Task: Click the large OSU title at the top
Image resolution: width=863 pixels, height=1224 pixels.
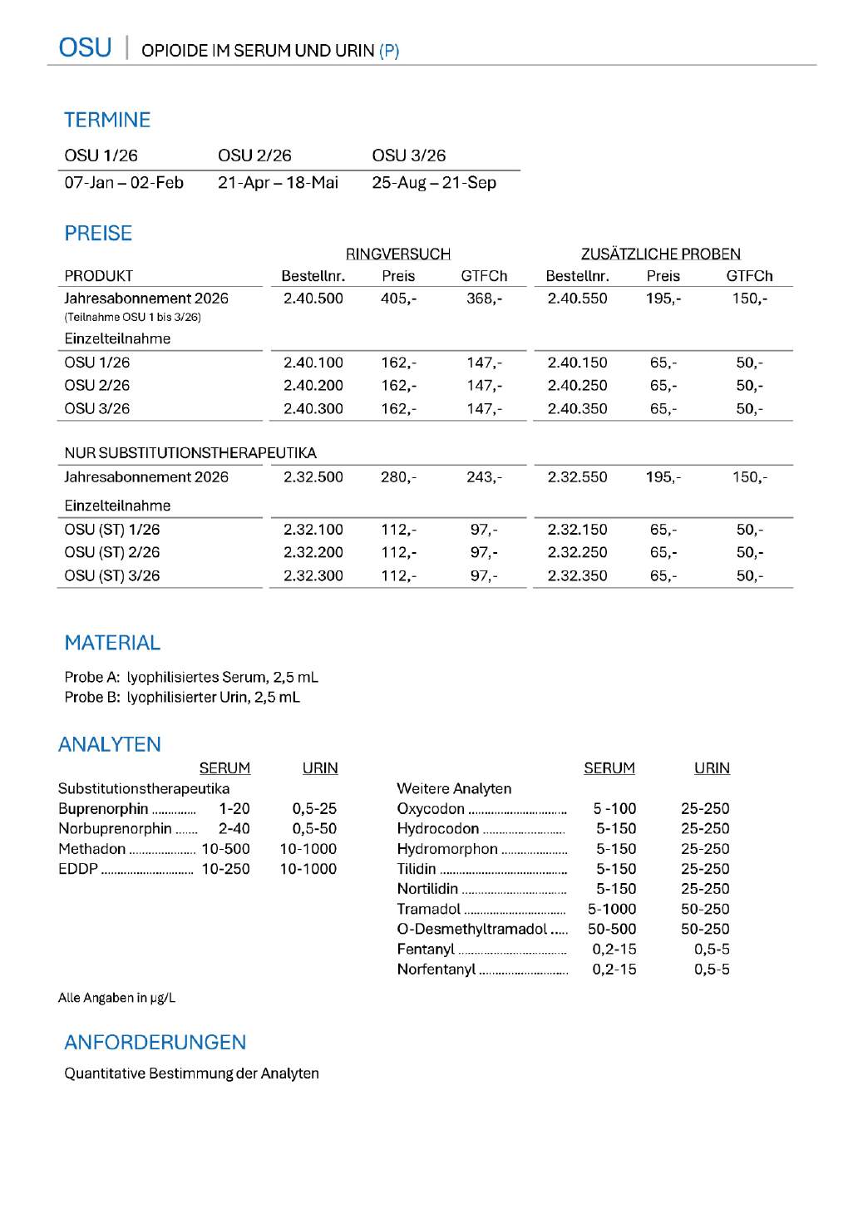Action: [x=85, y=47]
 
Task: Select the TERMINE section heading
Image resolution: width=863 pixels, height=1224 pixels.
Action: [x=107, y=120]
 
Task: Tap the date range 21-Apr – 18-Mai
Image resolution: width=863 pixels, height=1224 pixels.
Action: [x=278, y=183]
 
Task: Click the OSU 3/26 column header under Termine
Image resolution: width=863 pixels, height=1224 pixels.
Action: [x=408, y=155]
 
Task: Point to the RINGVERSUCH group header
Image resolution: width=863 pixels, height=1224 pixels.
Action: [x=397, y=254]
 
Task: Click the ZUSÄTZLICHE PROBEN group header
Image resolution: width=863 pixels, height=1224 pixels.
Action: [x=660, y=254]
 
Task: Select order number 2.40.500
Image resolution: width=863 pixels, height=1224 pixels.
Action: [x=313, y=299]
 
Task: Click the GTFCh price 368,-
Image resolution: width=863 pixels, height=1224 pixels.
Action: [x=484, y=299]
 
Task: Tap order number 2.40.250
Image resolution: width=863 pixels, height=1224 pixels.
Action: [x=577, y=386]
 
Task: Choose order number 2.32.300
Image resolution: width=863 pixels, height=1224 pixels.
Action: [x=313, y=575]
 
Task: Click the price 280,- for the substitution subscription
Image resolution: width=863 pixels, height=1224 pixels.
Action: [x=398, y=477]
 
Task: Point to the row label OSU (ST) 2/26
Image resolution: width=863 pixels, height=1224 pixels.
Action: [x=112, y=552]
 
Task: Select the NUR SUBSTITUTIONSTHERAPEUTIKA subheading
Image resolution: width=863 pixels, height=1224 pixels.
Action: [x=190, y=453]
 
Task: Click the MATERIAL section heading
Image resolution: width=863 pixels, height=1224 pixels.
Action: [x=112, y=643]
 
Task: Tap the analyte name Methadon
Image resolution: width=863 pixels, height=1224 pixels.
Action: [x=91, y=849]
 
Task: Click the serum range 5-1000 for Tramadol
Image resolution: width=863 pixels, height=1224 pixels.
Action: [x=612, y=909]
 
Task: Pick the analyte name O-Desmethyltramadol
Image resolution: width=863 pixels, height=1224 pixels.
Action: [x=471, y=929]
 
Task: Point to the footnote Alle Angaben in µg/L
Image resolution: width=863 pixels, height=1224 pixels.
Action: [x=116, y=998]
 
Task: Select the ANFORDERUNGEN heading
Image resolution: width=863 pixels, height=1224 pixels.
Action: [x=155, y=1043]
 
